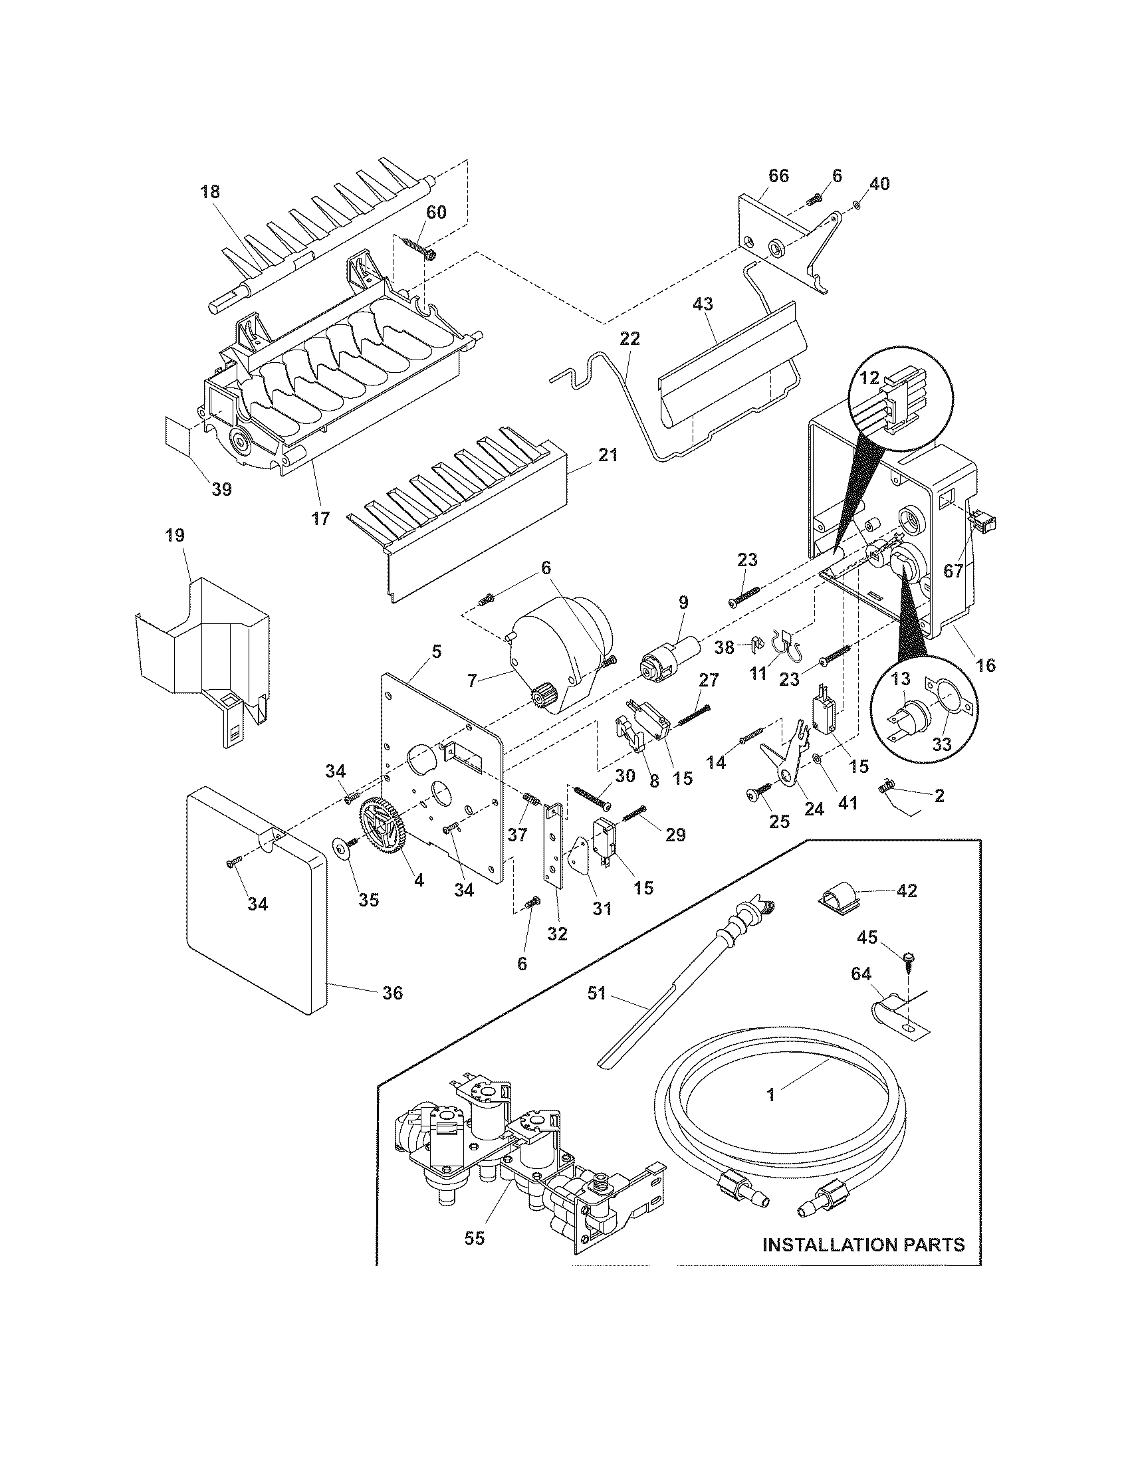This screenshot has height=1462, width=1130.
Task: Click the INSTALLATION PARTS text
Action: coord(863,1245)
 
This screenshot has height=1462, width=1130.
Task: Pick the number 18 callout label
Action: coord(209,192)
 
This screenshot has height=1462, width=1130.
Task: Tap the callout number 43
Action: coord(703,304)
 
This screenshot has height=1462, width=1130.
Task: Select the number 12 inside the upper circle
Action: coord(869,377)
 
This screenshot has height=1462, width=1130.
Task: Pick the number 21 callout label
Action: coord(608,455)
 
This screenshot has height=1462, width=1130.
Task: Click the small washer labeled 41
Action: coord(818,759)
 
